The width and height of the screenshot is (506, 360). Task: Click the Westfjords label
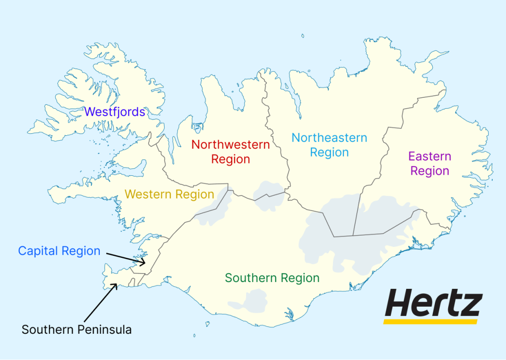[x=115, y=112]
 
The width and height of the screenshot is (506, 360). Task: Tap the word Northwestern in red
[x=231, y=145]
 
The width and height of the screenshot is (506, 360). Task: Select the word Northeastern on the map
[x=329, y=138]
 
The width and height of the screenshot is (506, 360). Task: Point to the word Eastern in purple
[x=429, y=157]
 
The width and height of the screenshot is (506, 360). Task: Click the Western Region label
[x=169, y=194]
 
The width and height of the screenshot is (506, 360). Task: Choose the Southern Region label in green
[x=272, y=278]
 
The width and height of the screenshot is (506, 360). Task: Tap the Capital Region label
[x=59, y=251]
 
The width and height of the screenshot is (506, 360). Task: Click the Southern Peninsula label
[x=77, y=329]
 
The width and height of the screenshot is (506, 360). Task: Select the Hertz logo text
[x=433, y=303]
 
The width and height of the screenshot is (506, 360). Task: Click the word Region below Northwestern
[x=231, y=160]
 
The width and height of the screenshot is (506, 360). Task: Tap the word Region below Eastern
[x=430, y=171]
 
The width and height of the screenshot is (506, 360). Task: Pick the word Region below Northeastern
[x=330, y=153]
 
